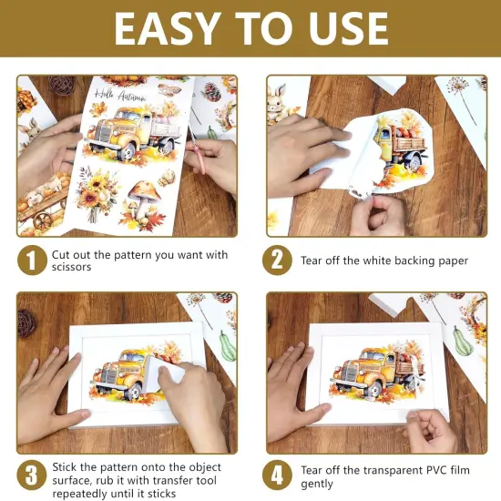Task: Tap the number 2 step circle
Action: pos(277,261)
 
